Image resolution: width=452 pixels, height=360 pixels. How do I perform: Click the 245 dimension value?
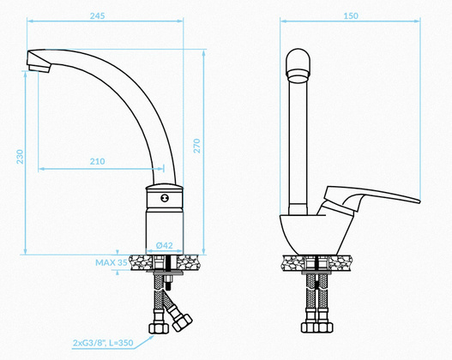(x=97, y=15)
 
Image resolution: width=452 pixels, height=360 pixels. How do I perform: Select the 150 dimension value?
(x=351, y=15)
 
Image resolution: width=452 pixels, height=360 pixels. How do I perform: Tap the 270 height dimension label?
(x=196, y=146)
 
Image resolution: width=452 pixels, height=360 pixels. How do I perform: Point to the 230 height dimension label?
(x=20, y=157)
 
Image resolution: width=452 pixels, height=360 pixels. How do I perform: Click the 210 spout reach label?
(x=97, y=161)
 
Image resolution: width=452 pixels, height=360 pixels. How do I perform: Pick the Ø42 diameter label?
(x=165, y=245)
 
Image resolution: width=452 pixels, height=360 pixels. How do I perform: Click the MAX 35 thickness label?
(x=111, y=262)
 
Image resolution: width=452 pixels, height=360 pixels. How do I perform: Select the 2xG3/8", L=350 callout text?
(x=103, y=343)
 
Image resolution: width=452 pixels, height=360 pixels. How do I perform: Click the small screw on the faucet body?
(x=165, y=198)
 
